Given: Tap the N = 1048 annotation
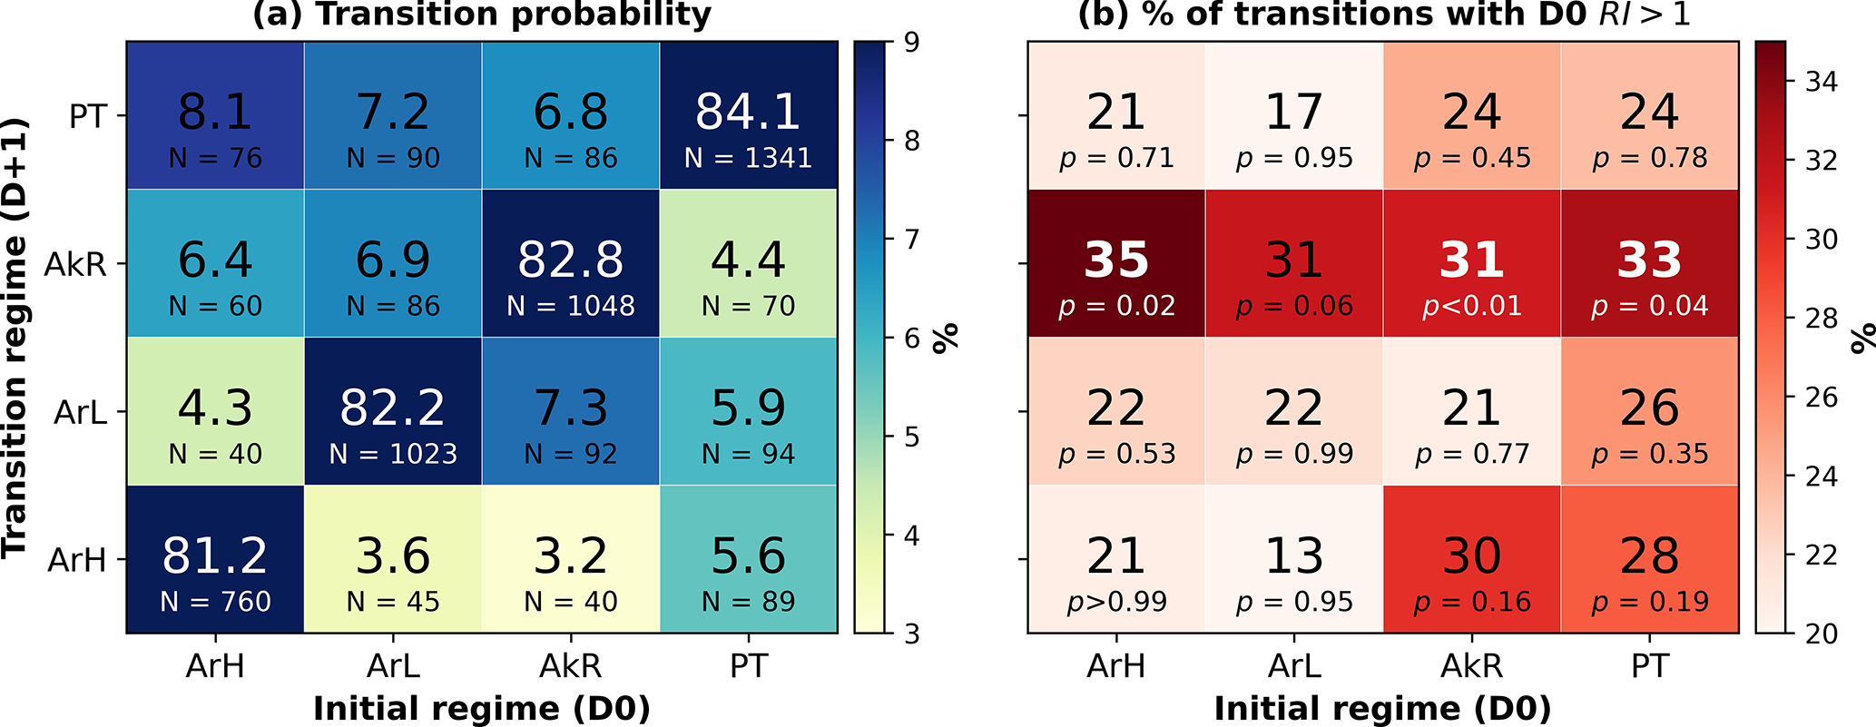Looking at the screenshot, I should [x=571, y=306].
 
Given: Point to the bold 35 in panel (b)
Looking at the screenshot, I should [x=1116, y=260].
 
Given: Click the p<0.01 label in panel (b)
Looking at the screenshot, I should [x=1472, y=306].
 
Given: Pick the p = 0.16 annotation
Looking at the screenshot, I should [x=1472, y=602].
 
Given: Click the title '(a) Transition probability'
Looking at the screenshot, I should [x=481, y=15].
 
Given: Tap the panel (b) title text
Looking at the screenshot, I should [x=1383, y=15].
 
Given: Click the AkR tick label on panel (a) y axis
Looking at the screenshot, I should [x=75, y=264].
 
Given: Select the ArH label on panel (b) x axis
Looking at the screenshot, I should [x=1116, y=667].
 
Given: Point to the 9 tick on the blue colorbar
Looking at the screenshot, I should [x=910, y=43].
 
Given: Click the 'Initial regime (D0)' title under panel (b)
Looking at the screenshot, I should [x=1383, y=709].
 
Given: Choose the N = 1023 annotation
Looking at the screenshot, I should [x=393, y=454].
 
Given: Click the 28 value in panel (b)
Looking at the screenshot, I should [x=1650, y=556].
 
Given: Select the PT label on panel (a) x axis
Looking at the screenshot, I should [x=748, y=667].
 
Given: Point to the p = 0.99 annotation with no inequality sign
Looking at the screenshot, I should [x=1294, y=454].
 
